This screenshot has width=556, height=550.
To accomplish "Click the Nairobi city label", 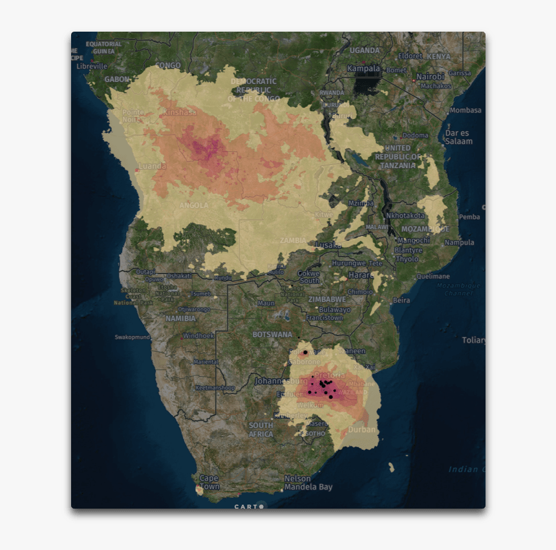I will pos(430,76).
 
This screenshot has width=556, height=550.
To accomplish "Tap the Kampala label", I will pos(364,68).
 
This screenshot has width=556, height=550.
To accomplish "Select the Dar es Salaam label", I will pos(458,137).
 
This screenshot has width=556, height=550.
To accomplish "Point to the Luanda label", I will pos(153,166).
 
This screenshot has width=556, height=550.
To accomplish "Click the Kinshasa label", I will pos(179,112).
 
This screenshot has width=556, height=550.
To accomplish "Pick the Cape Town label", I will pos(209,482).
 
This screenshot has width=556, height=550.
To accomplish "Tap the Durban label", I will pos(361,429).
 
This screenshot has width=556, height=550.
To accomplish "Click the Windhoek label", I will pos(198,335).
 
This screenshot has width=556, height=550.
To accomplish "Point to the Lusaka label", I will pos(328,245).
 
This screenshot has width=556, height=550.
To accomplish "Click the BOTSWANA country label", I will pos(272,334).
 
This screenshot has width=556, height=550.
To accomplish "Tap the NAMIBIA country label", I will pos(180,318).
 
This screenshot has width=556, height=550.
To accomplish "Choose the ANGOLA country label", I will pos(194,206).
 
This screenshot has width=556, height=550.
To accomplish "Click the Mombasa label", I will pos(465,111).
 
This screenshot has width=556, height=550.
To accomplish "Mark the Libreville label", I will pos(91,66).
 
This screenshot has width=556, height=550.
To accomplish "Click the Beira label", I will pos(401,301).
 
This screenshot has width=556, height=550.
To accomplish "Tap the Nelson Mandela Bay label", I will pos(308,483).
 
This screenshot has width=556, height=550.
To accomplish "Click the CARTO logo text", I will pos(246,507).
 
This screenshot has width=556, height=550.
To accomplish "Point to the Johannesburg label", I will pos(281,381).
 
